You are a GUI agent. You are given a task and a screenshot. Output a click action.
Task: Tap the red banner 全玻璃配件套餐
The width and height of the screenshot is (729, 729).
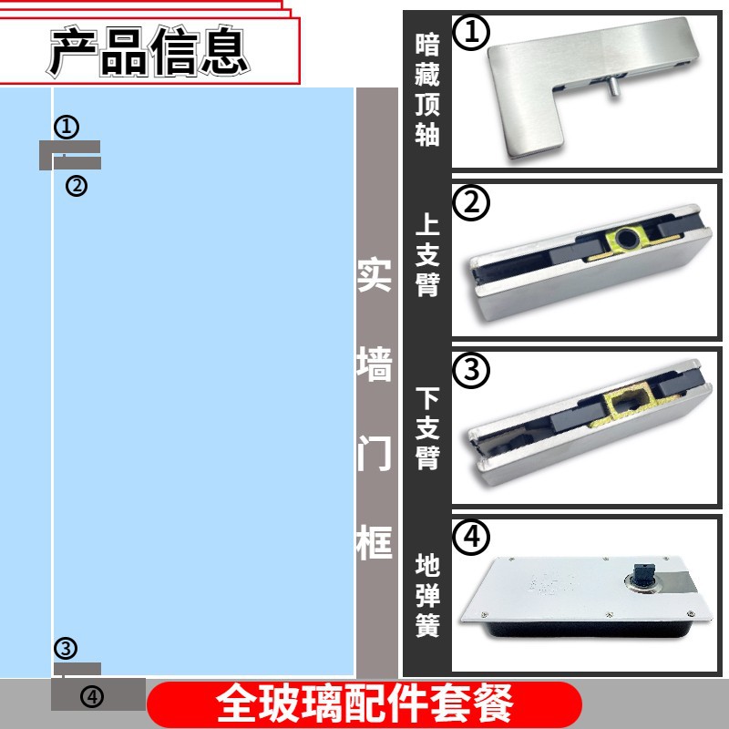364,704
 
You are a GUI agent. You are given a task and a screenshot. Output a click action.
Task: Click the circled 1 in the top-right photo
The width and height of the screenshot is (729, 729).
471,33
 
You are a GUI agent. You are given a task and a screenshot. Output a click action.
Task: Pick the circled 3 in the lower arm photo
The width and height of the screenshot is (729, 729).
471,371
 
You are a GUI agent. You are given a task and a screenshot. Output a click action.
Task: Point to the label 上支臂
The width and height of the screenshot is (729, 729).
426,256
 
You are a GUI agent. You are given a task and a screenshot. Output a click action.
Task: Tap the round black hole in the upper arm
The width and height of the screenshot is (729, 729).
627,240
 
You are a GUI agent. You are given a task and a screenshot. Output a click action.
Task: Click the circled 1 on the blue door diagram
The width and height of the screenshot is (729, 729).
67,126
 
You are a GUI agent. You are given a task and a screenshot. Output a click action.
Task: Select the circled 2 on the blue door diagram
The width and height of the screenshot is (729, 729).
77,186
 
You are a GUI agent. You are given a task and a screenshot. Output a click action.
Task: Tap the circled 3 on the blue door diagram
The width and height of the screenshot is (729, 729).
66,649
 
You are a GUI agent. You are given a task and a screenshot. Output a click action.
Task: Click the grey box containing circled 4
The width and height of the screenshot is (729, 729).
98,695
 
